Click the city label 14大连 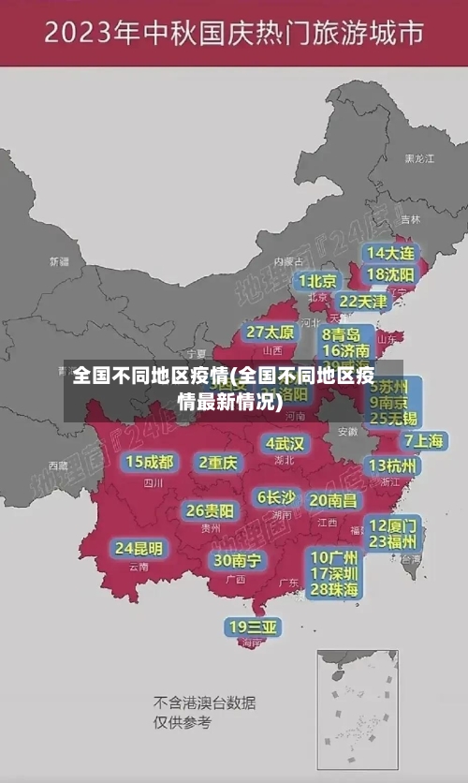pos(391,253)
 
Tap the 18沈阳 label pos(391,274)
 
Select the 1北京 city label pos(318,281)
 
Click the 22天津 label pos(362,302)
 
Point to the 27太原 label pos(271,332)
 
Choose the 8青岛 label pos(342,334)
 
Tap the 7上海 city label pos(423,440)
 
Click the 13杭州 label pos(394,465)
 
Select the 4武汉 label pos(285,442)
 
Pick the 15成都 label pos(150,462)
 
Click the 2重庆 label pos(218,462)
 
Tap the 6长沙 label pos(276,497)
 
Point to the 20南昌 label pos(333,501)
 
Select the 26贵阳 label pos(210,510)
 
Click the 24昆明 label pos(139,547)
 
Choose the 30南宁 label pos(238,560)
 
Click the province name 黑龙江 pos(418,159)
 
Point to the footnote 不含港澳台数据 pos(204,702)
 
